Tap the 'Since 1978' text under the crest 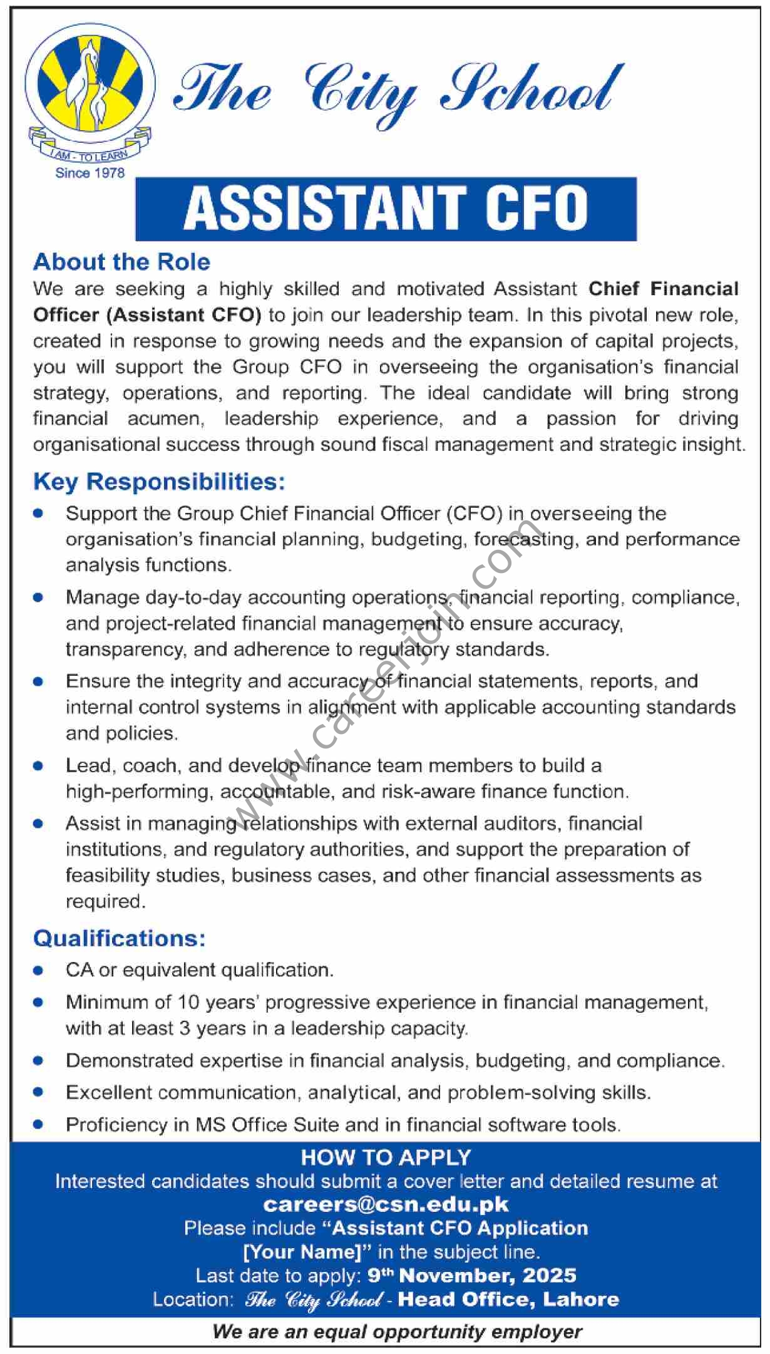[90, 173]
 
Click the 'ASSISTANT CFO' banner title [386, 209]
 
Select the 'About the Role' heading [121, 262]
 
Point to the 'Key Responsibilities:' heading [159, 482]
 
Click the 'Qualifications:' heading [119, 938]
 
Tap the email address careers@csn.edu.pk [386, 1204]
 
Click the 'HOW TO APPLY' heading [386, 1157]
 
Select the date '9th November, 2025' [472, 1275]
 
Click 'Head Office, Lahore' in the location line [508, 1300]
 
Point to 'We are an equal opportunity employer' [397, 1331]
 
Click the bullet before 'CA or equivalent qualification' [39, 971]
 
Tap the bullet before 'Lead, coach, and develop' [39, 765]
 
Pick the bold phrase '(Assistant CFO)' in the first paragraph [184, 314]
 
